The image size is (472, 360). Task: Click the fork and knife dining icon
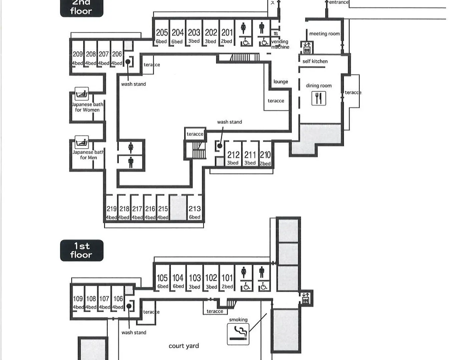point(319,98)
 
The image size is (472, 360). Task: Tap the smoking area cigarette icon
point(238,334)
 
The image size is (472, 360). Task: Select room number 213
point(194,209)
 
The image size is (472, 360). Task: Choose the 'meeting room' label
point(325,34)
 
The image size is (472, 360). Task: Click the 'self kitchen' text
point(315,61)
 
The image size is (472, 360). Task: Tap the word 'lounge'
point(281,82)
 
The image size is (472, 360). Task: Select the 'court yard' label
point(184,346)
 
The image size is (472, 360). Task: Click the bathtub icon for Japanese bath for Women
point(82,94)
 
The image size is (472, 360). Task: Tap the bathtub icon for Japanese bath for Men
point(82,142)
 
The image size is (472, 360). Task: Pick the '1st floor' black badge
point(82,250)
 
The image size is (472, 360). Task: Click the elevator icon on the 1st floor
point(306,298)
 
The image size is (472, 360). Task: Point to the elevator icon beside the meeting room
point(307,47)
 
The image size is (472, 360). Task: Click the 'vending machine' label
point(280,44)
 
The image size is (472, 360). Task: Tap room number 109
point(78,299)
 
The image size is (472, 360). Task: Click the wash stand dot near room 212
point(219,146)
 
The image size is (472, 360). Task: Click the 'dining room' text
point(319,86)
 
